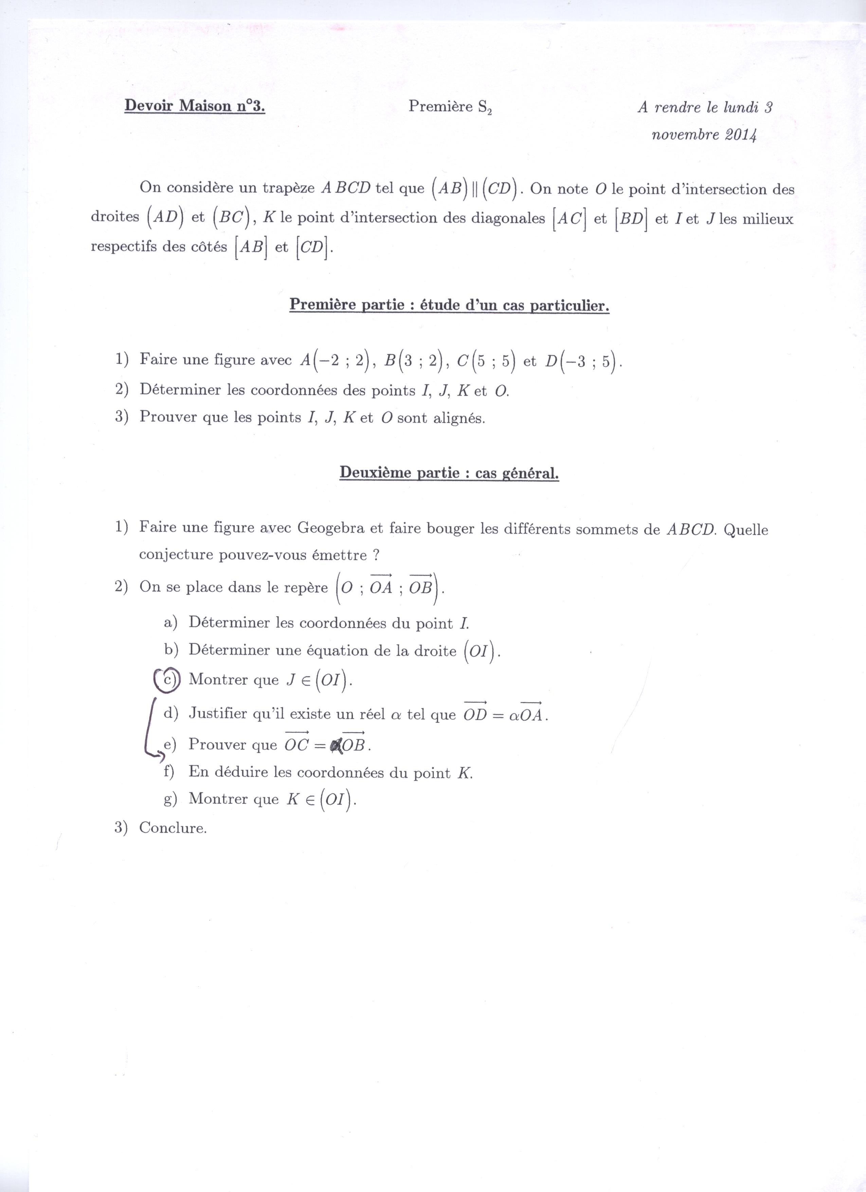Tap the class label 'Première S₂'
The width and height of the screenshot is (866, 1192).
pos(450,107)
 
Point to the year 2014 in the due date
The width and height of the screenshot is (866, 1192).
pos(740,135)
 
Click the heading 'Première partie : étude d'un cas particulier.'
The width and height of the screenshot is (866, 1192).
pos(449,305)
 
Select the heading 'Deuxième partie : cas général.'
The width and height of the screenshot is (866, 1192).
pos(449,473)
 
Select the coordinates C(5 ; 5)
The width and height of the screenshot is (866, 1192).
pos(486,361)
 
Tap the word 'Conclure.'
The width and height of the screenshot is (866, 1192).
pos(173,828)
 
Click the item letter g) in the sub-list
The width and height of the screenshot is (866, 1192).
pos(170,799)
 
